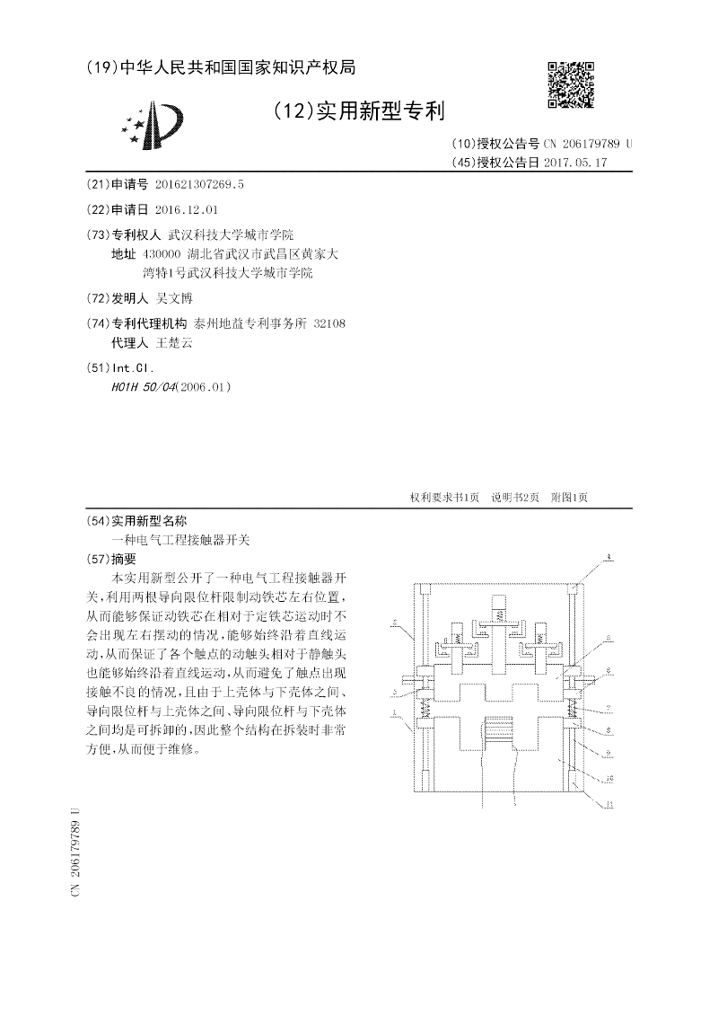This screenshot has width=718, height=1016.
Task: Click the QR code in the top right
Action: click(x=571, y=84)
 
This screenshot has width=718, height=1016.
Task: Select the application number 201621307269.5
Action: click(x=199, y=184)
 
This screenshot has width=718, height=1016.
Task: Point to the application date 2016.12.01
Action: click(x=186, y=209)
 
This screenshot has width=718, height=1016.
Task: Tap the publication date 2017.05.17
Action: click(x=575, y=163)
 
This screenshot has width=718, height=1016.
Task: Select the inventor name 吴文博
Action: click(x=174, y=297)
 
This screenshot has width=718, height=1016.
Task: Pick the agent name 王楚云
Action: click(x=174, y=342)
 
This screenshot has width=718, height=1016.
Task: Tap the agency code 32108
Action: click(x=328, y=322)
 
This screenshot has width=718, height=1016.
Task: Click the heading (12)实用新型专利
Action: click(x=359, y=111)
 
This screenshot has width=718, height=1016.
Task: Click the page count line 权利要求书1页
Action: click(x=444, y=498)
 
